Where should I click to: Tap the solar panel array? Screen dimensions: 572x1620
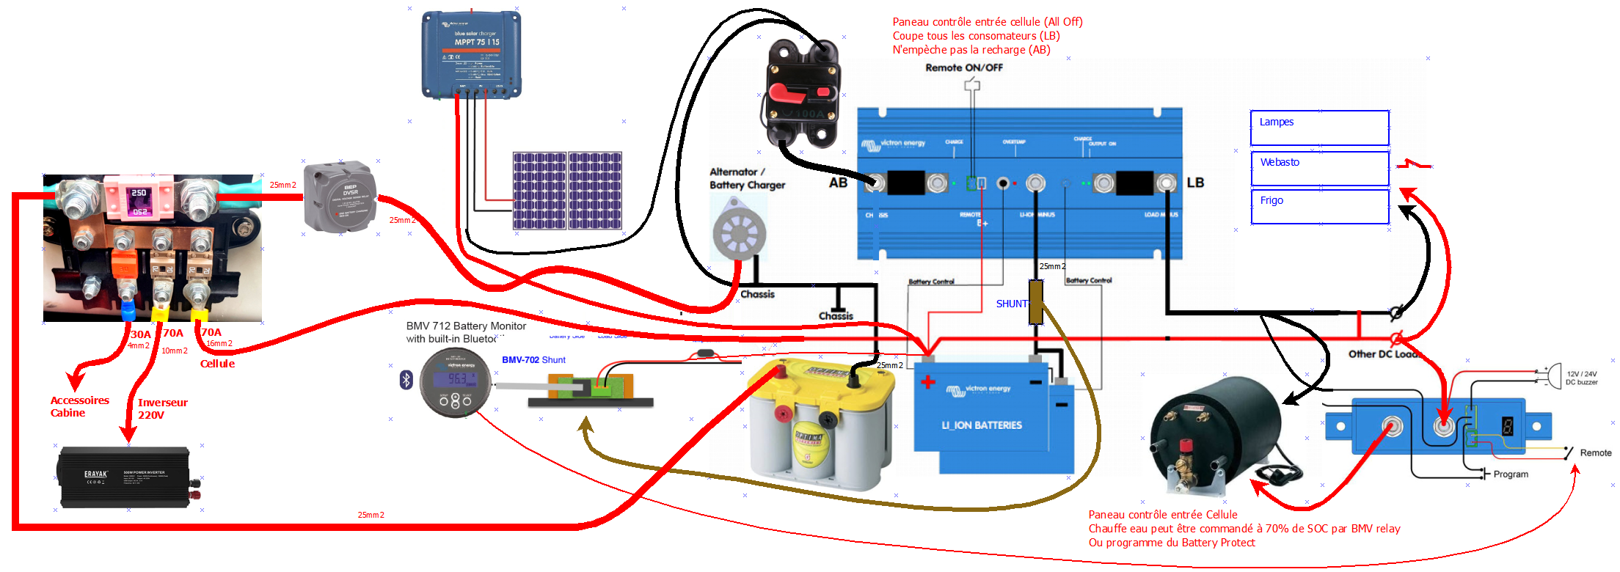(x=567, y=191)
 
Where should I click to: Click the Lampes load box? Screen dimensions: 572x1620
(x=1318, y=128)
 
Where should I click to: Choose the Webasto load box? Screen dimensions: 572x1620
(x=1318, y=168)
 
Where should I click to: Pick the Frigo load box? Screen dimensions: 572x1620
(x=1318, y=206)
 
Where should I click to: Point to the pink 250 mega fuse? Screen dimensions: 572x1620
(x=139, y=199)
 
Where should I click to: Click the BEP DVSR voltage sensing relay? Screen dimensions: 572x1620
(x=341, y=197)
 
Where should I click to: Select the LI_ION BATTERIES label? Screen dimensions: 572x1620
(x=981, y=425)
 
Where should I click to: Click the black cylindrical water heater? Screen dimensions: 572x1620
(x=1214, y=433)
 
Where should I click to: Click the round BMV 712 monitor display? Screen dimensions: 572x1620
(x=455, y=382)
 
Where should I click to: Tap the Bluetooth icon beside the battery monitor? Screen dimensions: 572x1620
(x=406, y=380)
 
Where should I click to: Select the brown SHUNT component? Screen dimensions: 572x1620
(x=1035, y=302)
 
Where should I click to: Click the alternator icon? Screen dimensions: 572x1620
(x=739, y=234)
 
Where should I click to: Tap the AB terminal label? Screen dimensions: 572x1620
(x=838, y=183)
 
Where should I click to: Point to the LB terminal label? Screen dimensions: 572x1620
(x=1194, y=183)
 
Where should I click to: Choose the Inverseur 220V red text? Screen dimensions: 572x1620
(x=162, y=408)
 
